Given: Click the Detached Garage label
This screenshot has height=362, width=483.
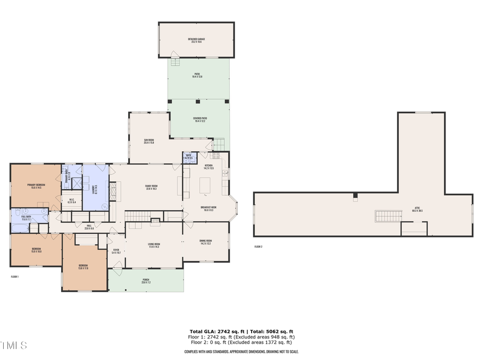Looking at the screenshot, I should coord(196,40).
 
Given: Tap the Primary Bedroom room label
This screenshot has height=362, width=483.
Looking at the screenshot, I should coord(36,186).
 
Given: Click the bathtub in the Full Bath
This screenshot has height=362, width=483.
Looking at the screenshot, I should coord(20,228).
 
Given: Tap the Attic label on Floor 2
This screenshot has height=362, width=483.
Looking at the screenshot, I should coord(417,210).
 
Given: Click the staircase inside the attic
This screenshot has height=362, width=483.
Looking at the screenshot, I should coord(387,216).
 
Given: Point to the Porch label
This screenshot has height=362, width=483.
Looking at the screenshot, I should coord(146,281).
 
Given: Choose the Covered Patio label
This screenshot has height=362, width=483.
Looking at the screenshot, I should coord(200,120).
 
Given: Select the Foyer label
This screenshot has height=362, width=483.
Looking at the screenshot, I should coord(116,250).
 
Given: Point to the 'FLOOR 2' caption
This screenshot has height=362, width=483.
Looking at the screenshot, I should coord(258,247).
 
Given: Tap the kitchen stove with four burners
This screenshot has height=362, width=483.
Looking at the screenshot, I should coord(216,156).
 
